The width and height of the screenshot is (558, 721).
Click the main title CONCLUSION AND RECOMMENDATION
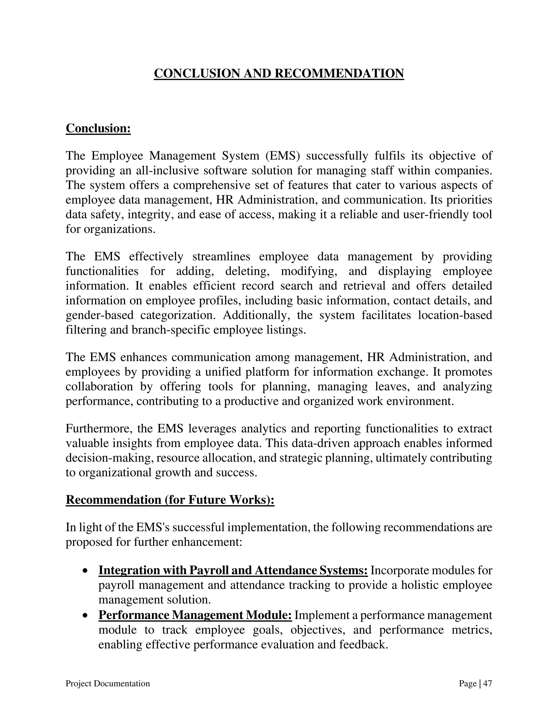tap(279, 73)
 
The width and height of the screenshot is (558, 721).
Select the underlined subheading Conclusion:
tap(98, 128)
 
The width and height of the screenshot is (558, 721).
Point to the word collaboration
tap(99, 386)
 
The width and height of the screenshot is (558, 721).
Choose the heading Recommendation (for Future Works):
tap(170, 500)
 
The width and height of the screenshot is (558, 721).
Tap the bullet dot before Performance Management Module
tap(85, 616)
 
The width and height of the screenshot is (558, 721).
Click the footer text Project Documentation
tap(108, 683)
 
